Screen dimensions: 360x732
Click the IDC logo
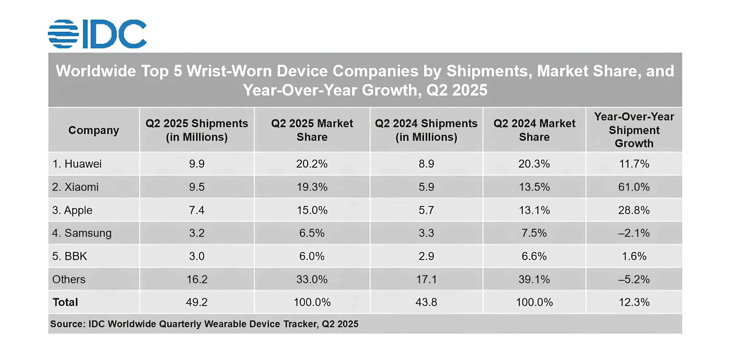click(x=97, y=34)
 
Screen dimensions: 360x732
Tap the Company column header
click(x=94, y=130)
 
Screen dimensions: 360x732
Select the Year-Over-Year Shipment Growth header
click(x=634, y=130)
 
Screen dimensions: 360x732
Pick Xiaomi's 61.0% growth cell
click(x=634, y=187)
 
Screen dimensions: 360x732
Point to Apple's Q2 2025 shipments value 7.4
click(x=197, y=210)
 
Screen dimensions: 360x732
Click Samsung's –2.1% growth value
click(x=634, y=233)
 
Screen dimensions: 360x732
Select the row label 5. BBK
click(x=69, y=256)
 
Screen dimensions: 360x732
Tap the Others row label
click(x=69, y=279)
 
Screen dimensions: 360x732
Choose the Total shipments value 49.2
click(x=197, y=302)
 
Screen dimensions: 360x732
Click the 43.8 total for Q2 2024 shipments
click(x=426, y=302)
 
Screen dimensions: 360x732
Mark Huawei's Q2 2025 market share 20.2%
click(x=312, y=164)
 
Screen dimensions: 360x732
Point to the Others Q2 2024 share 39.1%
click(x=534, y=279)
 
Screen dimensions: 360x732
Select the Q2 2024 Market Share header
click(x=534, y=130)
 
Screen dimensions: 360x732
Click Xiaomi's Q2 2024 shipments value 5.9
click(x=426, y=187)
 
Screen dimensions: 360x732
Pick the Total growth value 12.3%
click(x=634, y=302)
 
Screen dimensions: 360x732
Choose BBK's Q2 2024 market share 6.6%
click(x=534, y=256)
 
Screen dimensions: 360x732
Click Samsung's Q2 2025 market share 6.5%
click(x=312, y=233)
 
